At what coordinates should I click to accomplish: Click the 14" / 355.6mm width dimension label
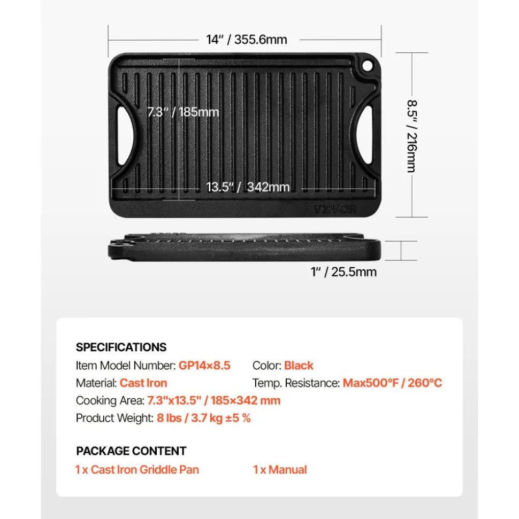(247, 40)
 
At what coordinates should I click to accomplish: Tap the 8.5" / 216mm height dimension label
(412, 136)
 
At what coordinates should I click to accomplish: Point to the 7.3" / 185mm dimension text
(184, 112)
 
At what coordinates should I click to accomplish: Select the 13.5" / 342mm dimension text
(248, 187)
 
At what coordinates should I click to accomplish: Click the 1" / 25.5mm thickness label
(344, 272)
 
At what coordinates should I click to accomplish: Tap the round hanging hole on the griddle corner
(367, 66)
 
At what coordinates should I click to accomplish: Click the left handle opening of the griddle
(125, 136)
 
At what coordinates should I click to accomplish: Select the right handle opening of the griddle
(364, 135)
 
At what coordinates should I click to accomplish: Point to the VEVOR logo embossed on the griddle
(334, 209)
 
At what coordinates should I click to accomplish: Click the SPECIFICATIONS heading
(121, 347)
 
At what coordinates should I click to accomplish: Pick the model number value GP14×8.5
(204, 366)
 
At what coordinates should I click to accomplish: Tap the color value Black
(299, 366)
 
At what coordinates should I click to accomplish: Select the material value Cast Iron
(143, 383)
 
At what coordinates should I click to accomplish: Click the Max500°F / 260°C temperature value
(392, 383)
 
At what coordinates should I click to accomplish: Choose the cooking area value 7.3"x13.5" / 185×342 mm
(214, 400)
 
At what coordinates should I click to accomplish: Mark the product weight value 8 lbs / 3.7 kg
(189, 418)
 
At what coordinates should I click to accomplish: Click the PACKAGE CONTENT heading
(131, 451)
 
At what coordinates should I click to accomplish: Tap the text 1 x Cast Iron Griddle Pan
(137, 470)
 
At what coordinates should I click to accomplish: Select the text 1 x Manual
(280, 470)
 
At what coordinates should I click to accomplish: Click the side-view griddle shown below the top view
(245, 246)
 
